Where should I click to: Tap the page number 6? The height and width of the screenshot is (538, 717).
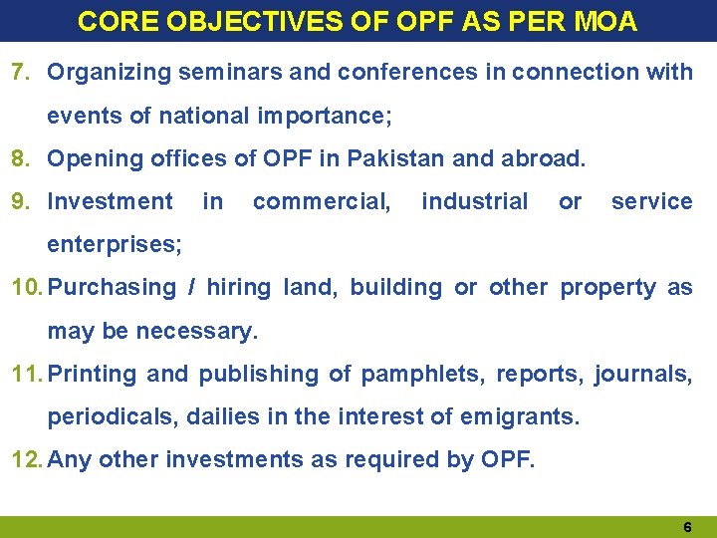point(687,525)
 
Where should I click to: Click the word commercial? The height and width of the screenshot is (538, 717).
point(322,202)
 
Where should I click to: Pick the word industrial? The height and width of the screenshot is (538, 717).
point(475,202)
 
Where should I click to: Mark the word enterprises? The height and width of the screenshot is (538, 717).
point(114,244)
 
